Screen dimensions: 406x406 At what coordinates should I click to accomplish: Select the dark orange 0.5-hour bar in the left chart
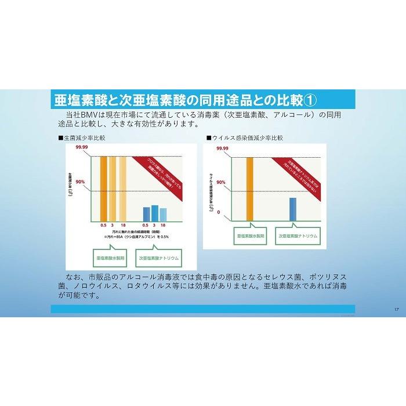point(103,188)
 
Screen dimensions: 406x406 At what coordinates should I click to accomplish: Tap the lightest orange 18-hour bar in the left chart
point(122,188)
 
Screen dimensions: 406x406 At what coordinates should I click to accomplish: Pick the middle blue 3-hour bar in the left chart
point(155,213)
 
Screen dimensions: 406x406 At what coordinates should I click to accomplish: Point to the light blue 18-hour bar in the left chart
point(163,214)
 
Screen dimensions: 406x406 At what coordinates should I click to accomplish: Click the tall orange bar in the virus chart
point(250,188)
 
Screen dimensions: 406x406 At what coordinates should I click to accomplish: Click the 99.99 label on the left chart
point(81,148)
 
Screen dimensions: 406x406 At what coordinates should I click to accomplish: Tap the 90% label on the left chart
point(80,182)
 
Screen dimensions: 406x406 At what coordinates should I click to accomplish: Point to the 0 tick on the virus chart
point(219,212)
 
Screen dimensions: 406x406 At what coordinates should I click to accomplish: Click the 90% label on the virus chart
point(220,182)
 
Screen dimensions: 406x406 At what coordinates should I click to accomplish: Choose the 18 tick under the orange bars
point(122,224)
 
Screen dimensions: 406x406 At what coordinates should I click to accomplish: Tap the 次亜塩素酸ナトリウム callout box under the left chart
point(158,256)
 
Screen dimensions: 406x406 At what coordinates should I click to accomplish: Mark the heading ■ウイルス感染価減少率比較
point(245,138)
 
